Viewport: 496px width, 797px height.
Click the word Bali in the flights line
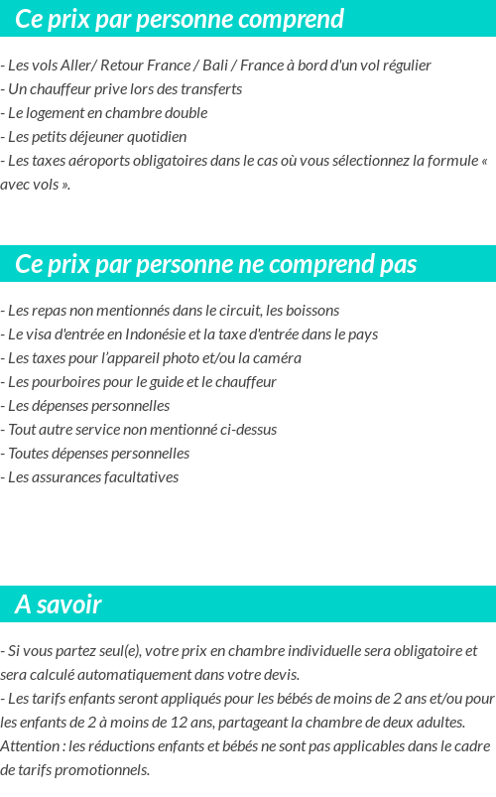pyautogui.click(x=215, y=66)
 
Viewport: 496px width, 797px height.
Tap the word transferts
pyautogui.click(x=211, y=89)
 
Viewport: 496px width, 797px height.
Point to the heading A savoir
pyautogui.click(x=59, y=604)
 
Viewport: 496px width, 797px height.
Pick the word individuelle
pyautogui.click(x=310, y=651)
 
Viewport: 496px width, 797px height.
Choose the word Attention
pyautogui.click(x=31, y=746)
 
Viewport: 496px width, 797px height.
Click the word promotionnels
pyautogui.click(x=99, y=770)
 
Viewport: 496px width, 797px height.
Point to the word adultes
pyautogui.click(x=437, y=723)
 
